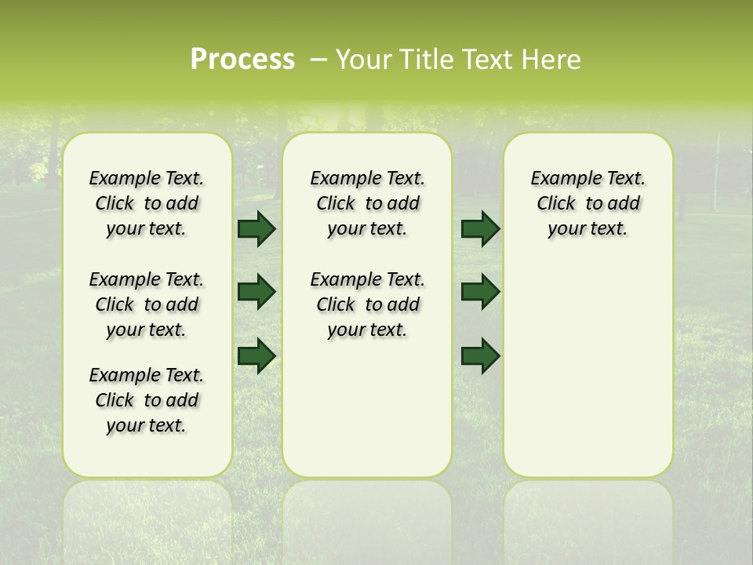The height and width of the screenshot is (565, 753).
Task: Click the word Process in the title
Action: pyautogui.click(x=242, y=59)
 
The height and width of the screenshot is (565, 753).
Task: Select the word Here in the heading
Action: pyautogui.click(x=554, y=59)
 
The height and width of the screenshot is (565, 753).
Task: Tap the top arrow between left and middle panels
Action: pyautogui.click(x=256, y=228)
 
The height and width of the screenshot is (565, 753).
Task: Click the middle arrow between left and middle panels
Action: pyautogui.click(x=256, y=292)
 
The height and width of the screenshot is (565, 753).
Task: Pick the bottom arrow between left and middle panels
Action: pyautogui.click(x=256, y=356)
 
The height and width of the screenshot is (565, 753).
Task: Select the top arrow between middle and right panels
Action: pyautogui.click(x=480, y=228)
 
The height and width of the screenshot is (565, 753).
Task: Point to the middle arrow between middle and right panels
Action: pyautogui.click(x=480, y=292)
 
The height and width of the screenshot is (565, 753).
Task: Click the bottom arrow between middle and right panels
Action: pyautogui.click(x=480, y=356)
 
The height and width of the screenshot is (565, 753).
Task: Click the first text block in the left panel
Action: pyautogui.click(x=147, y=203)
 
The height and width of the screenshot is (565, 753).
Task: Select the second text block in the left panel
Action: pyautogui.click(x=147, y=304)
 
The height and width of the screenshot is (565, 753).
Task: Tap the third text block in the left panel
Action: pyautogui.click(x=147, y=400)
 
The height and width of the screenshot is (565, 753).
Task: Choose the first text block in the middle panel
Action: pyautogui.click(x=367, y=203)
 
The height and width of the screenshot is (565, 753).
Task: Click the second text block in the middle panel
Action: pyautogui.click(x=367, y=304)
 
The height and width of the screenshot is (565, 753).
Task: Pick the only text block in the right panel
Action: pyautogui.click(x=587, y=203)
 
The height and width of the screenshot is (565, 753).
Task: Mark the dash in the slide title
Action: pyautogui.click(x=318, y=60)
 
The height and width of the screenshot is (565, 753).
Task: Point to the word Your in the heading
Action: pyautogui.click(x=364, y=59)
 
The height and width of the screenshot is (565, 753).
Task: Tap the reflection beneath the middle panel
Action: pyautogui.click(x=367, y=518)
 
